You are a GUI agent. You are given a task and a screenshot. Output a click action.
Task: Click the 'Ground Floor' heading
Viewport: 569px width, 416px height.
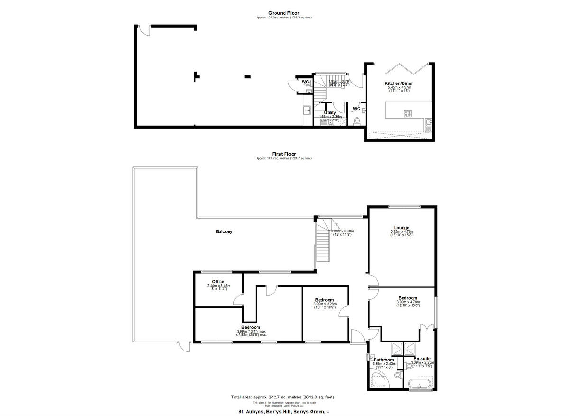284,13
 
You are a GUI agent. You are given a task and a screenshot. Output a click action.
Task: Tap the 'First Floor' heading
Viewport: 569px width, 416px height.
284,154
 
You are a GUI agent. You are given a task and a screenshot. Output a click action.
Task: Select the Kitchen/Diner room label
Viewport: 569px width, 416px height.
398,83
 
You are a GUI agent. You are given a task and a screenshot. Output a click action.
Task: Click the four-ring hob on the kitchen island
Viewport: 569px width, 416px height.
407,113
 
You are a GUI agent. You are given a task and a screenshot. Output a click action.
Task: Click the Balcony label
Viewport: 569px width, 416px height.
224,231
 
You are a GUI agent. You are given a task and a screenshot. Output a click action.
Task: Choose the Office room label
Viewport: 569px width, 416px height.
218,282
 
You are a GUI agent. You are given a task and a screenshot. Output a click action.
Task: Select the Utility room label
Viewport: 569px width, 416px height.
330,113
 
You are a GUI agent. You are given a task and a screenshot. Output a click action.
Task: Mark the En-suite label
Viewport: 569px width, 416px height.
422,359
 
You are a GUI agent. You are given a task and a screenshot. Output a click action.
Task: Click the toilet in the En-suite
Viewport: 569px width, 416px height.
408,367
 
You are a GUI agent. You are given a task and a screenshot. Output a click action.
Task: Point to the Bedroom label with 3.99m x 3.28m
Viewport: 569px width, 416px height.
325,300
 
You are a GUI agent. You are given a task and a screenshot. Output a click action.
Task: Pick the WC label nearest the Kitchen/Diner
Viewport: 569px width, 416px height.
356,109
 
